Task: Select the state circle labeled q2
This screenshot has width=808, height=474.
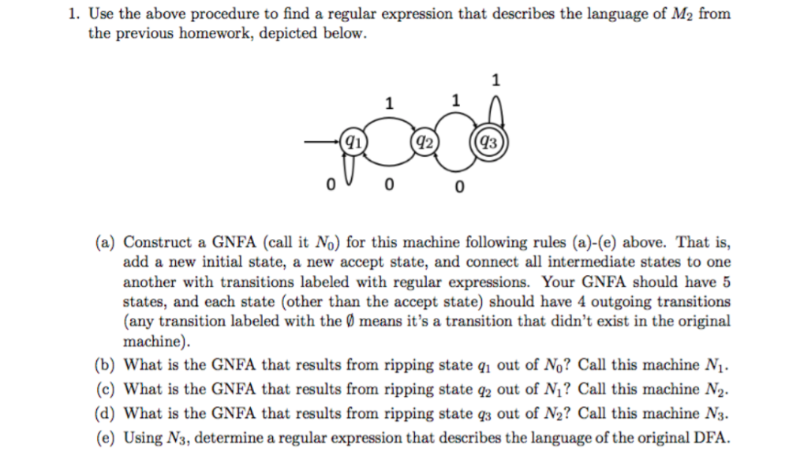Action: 424,145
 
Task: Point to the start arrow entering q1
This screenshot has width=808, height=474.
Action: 324,145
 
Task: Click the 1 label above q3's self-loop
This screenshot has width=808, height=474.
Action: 496,79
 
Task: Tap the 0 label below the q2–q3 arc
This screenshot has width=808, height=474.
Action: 459,188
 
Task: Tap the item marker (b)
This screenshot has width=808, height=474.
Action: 103,365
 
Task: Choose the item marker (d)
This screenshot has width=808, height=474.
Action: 103,413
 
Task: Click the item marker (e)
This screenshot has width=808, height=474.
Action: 103,438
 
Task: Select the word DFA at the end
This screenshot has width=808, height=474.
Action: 713,438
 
